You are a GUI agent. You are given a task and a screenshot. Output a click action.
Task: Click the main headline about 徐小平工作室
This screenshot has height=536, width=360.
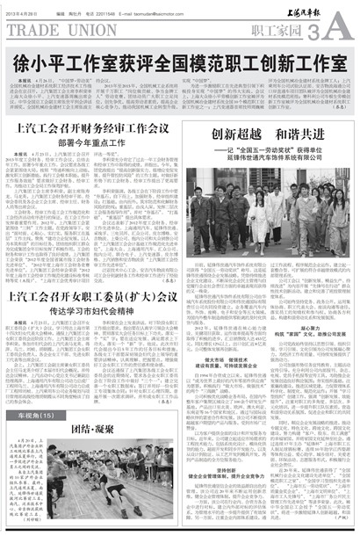click(179, 63)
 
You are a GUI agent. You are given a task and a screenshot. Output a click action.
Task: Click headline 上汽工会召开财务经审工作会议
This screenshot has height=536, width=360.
click(92, 128)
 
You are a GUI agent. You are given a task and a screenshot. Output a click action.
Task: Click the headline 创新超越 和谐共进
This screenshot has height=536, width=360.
click(267, 134)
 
